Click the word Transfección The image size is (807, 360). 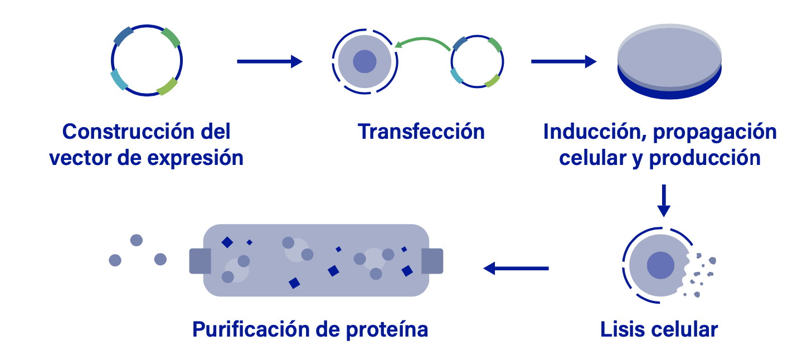tap(421, 132)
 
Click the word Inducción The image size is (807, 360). tap(594, 132)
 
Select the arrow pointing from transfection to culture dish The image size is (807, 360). tap(563, 61)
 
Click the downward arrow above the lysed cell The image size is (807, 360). tap(663, 201)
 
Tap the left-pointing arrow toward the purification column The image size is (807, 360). tap(516, 269)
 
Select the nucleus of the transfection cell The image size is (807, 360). tap(365, 61)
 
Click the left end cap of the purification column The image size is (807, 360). tap(200, 261)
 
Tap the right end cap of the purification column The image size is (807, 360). tap(432, 261)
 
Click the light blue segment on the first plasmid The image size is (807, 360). tap(119, 80)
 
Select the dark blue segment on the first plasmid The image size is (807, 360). tap(124, 35)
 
